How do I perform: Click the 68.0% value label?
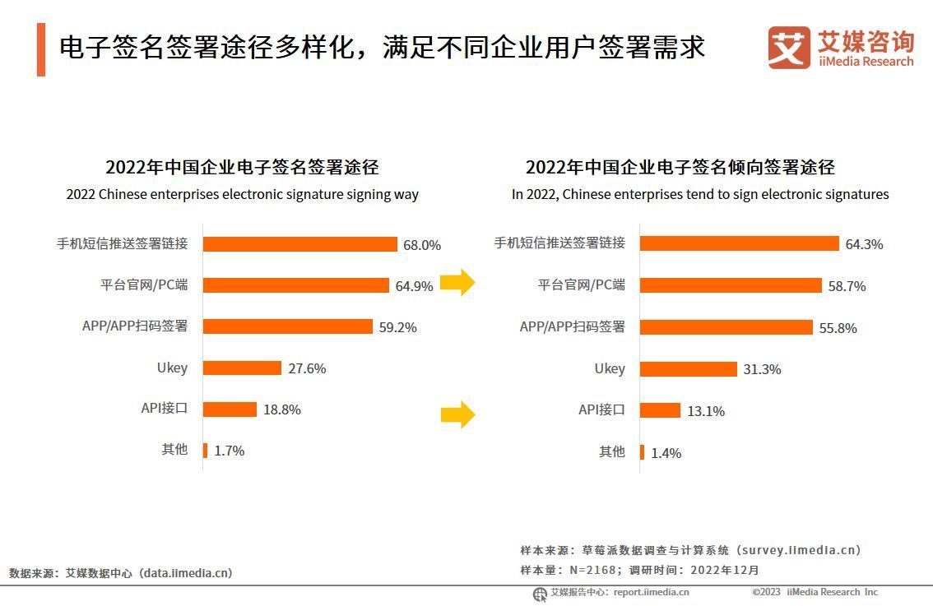coord(421,245)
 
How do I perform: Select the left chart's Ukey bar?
coord(242,368)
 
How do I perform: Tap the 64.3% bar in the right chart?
coord(739,243)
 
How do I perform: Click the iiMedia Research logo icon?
coord(788,48)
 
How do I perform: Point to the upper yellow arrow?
coord(457,283)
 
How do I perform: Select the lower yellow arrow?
coord(457,414)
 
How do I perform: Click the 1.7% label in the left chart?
coord(230,451)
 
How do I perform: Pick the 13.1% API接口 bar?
coord(660,410)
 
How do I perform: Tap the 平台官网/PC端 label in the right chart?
coord(582,285)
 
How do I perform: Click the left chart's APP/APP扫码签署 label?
coord(135,326)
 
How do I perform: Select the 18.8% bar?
coord(230,409)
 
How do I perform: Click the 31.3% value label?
coord(762,370)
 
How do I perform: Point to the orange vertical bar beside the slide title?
coord(41,49)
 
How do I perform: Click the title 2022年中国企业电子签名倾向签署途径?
coord(680,168)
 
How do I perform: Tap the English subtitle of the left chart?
coord(242,195)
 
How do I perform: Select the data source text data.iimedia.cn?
coord(186,573)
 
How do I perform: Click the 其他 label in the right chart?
coord(611,451)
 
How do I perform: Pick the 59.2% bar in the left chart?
coord(287,326)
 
